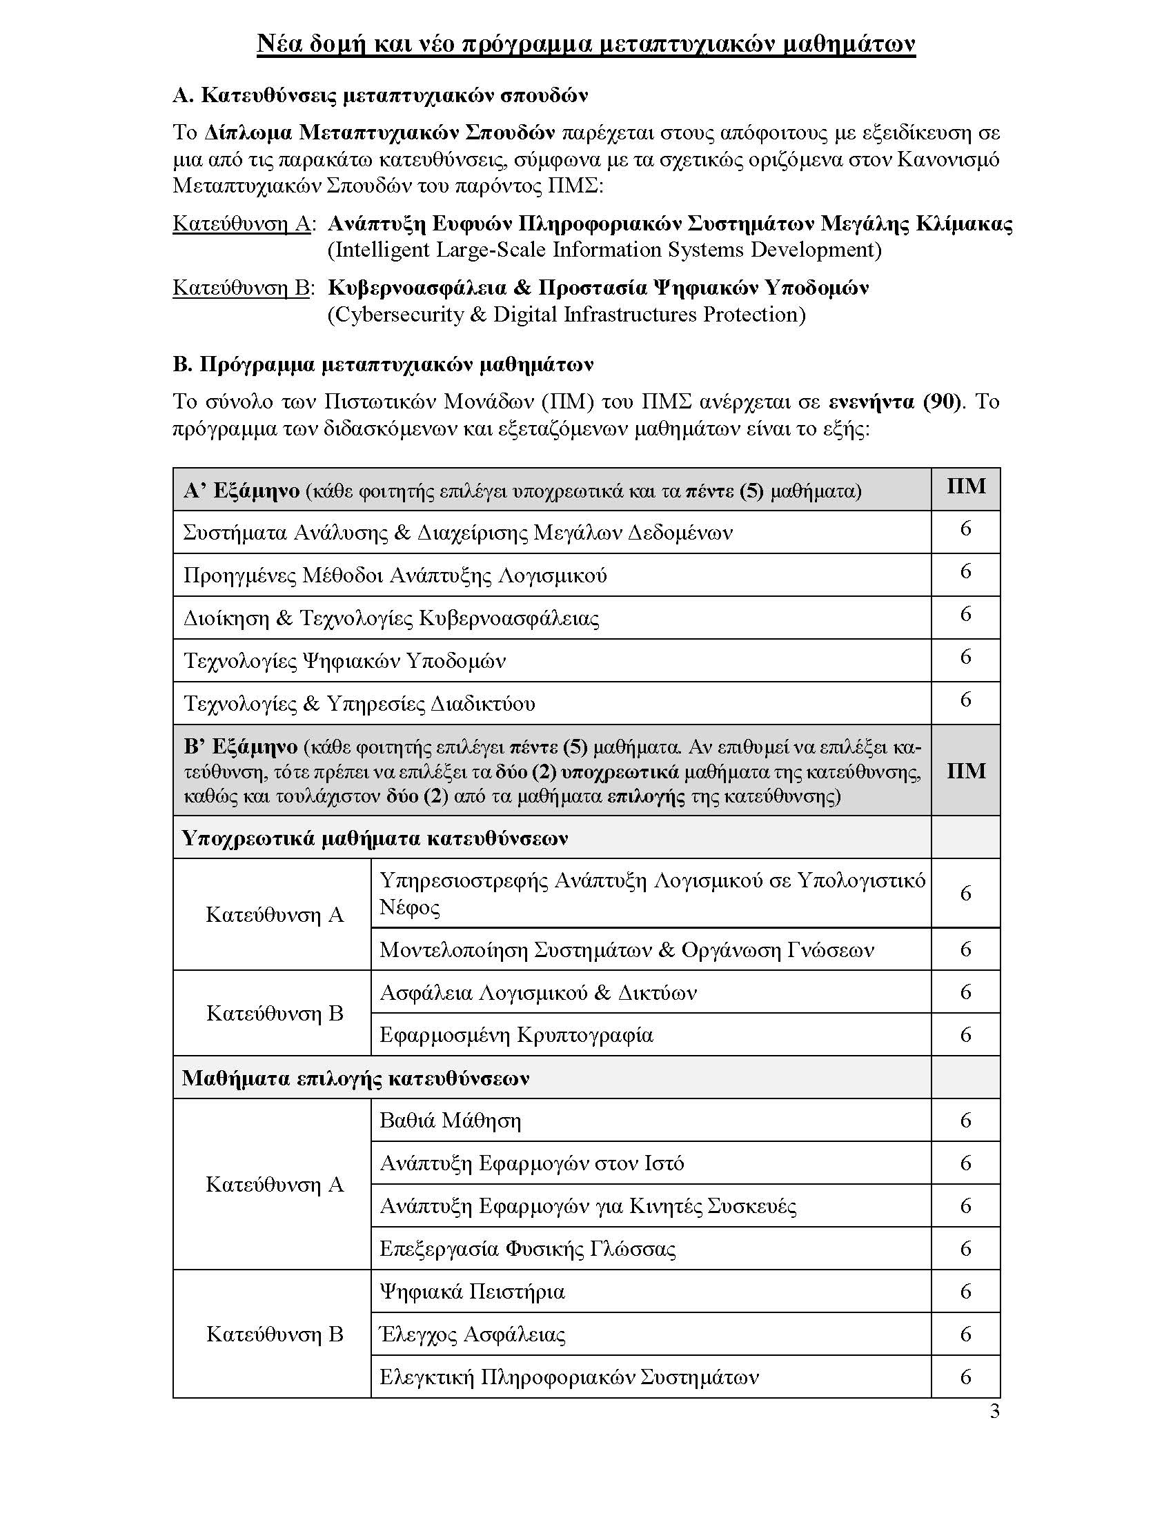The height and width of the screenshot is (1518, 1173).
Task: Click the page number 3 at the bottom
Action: coord(994,1412)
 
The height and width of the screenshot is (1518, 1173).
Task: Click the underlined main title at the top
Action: coord(586,43)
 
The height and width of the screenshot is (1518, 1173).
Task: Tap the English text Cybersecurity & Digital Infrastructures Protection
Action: coord(566,315)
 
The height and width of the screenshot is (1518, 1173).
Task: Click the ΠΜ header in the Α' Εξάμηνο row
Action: coord(966,486)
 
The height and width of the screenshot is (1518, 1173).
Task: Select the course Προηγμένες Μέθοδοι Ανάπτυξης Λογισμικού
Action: coord(395,575)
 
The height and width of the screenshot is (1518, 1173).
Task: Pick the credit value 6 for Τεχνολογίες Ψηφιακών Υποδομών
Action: coord(965,657)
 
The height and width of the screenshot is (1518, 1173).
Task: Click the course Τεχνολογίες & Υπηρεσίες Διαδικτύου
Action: coord(359,703)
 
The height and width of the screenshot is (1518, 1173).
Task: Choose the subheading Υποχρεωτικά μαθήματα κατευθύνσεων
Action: coord(375,838)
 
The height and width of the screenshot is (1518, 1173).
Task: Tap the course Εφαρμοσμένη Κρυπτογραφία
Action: coord(516,1035)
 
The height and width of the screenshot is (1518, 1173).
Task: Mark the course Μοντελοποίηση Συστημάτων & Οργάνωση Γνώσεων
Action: coord(626,949)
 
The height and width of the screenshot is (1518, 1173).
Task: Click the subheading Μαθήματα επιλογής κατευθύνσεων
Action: coord(356,1078)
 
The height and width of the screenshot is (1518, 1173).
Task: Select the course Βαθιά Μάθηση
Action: coord(451,1121)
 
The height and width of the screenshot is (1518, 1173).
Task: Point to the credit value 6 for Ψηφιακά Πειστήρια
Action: coord(965,1292)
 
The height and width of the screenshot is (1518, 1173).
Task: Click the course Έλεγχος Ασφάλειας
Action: coord(473,1334)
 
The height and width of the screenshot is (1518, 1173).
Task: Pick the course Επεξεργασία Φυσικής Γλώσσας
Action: coord(527,1248)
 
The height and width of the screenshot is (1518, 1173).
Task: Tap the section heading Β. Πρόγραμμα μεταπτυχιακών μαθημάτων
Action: coord(383,364)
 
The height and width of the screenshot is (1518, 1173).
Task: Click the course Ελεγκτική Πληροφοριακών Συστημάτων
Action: coord(569,1377)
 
